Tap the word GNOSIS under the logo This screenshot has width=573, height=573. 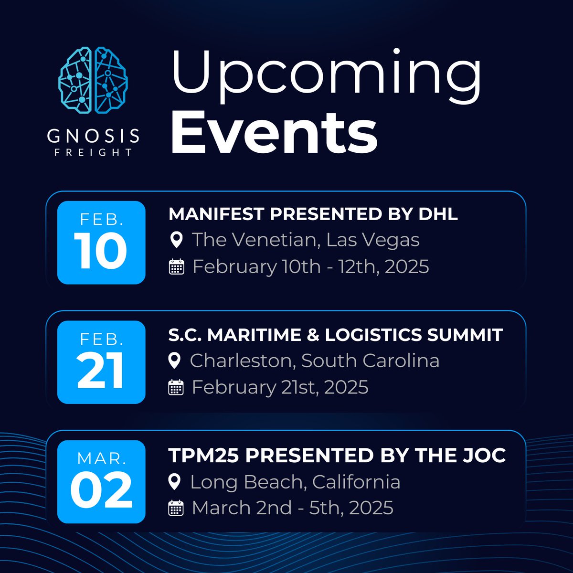coord(94,136)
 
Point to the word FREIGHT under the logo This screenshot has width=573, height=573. coord(94,153)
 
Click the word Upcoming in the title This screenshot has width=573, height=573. coord(326,76)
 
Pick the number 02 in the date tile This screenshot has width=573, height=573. coord(101,491)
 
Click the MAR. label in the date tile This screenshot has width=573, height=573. coord(101,459)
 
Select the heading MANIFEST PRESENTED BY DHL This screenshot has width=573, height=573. coord(313,214)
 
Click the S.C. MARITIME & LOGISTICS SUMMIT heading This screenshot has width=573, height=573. coord(335,335)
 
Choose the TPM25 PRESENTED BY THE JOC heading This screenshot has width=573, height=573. coord(337,456)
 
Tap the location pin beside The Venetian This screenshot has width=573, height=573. coord(176,240)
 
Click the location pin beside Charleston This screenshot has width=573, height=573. coord(175,361)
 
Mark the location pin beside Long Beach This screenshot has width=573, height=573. coord(175,482)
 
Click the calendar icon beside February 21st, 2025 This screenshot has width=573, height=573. coord(176,387)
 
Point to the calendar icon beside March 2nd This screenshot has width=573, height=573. coord(176,508)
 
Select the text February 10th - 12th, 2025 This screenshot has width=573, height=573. coord(310,266)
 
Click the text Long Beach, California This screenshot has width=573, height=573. coord(295,482)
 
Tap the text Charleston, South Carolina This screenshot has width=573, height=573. coord(314,361)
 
